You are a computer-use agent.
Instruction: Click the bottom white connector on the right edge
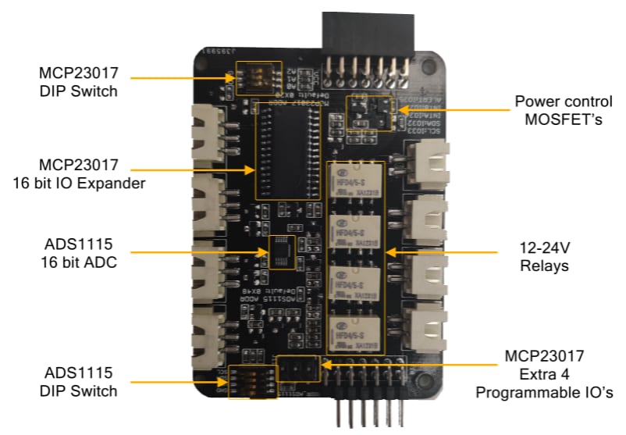pos(428,326)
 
